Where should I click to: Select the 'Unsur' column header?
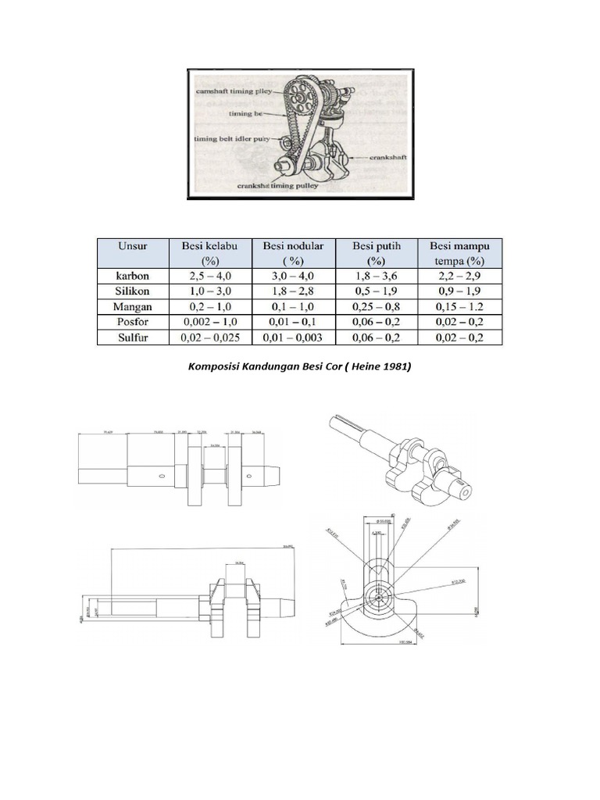(x=133, y=245)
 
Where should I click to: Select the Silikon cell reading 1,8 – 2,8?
(x=294, y=291)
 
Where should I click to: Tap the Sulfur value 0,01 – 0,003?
(x=294, y=337)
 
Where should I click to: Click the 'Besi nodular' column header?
(x=294, y=245)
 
